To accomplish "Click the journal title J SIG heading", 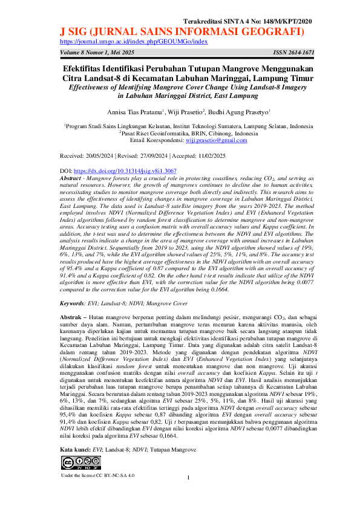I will point(181,31).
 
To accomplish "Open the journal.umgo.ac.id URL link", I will point(134,42).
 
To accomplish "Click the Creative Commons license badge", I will point(79,464).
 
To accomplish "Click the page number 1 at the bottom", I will point(189,479).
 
